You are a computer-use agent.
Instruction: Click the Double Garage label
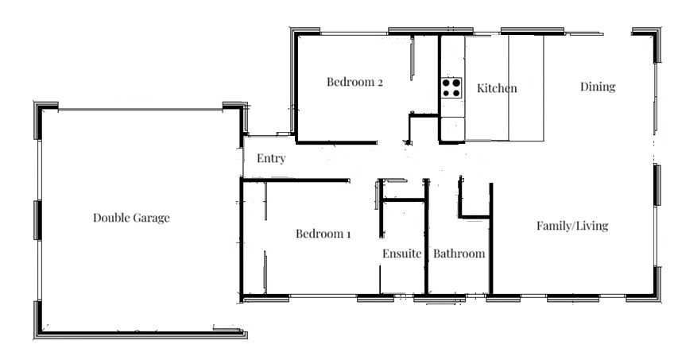(131, 218)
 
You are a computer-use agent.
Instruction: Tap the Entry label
(271, 159)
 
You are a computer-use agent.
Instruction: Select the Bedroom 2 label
(354, 82)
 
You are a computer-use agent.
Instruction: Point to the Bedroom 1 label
(323, 234)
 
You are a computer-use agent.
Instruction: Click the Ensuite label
(401, 254)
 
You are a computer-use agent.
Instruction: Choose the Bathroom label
(459, 254)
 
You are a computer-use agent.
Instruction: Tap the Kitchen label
(497, 88)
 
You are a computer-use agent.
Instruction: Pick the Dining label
(598, 87)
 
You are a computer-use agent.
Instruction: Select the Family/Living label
(572, 226)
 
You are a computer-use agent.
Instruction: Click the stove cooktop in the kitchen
(451, 87)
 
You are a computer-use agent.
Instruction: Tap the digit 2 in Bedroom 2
(380, 83)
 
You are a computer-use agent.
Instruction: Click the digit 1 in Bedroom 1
(348, 234)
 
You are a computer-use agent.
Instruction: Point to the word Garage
(151, 219)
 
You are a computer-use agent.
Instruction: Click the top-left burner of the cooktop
(446, 82)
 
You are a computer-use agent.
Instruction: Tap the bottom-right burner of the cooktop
(456, 93)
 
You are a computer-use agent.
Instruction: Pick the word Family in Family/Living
(554, 226)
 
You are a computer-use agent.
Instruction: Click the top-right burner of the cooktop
(456, 82)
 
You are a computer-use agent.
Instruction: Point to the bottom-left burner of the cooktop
(446, 93)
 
